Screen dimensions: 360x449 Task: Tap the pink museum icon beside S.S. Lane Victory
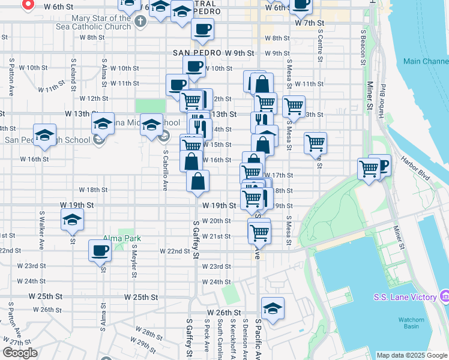[444, 296]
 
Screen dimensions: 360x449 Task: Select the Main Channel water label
[426, 61]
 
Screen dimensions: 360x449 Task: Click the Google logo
[20, 353]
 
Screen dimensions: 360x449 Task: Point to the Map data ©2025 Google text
[412, 355]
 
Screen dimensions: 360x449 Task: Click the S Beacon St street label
[363, 48]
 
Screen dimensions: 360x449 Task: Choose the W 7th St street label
[310, 23]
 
